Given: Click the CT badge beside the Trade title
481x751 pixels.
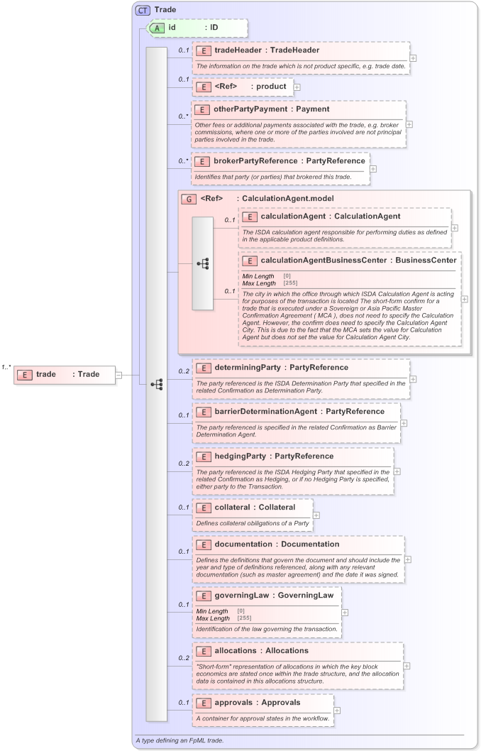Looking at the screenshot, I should pyautogui.click(x=143, y=10).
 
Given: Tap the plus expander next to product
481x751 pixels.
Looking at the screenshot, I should pyautogui.click(x=297, y=87).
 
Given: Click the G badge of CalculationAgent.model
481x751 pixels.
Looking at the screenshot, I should pyautogui.click(x=189, y=199).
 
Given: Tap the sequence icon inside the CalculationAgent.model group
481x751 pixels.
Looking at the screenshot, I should pyautogui.click(x=202, y=263).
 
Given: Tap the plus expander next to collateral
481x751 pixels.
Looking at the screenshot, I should pyautogui.click(x=316, y=515).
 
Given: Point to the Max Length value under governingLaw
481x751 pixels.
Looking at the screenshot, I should pyautogui.click(x=244, y=618).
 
